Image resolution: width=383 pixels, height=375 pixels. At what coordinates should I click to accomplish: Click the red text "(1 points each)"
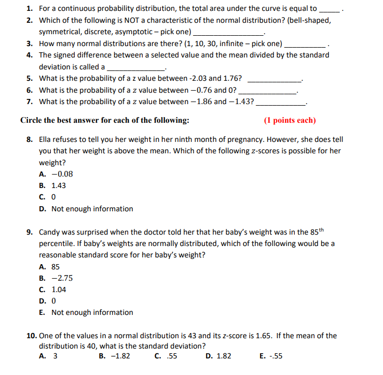pyautogui.click(x=290, y=120)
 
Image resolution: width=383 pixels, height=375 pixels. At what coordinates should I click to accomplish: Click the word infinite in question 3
pyautogui.click(x=236, y=44)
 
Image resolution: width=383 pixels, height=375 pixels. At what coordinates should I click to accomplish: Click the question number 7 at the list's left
pyautogui.click(x=29, y=102)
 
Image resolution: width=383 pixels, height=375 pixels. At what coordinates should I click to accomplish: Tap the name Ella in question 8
pyautogui.click(x=46, y=140)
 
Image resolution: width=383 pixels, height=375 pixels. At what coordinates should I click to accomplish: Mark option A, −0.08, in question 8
pyautogui.click(x=56, y=174)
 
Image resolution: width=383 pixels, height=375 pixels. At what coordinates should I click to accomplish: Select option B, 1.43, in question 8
pyautogui.click(x=53, y=185)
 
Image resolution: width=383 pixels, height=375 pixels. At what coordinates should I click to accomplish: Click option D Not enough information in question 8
pyautogui.click(x=86, y=209)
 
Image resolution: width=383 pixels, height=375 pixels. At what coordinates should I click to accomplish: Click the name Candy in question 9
pyautogui.click(x=50, y=232)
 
